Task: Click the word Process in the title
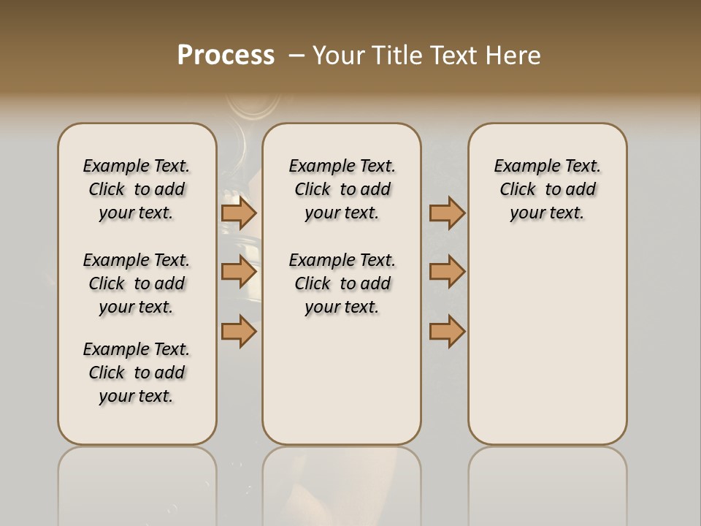point(226,55)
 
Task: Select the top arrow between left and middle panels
point(239,213)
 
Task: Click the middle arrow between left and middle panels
point(239,272)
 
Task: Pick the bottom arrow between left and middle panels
point(239,331)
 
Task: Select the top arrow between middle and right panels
point(447,213)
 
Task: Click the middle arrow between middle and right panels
point(447,272)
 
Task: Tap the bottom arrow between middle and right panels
point(447,331)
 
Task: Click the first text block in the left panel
point(137,189)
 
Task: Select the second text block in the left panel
point(137,283)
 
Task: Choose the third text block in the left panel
point(137,373)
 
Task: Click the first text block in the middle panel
point(342,189)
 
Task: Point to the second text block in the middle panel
point(342,283)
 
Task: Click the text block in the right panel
point(547,189)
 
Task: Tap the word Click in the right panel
point(518,189)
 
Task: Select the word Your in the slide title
point(338,55)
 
